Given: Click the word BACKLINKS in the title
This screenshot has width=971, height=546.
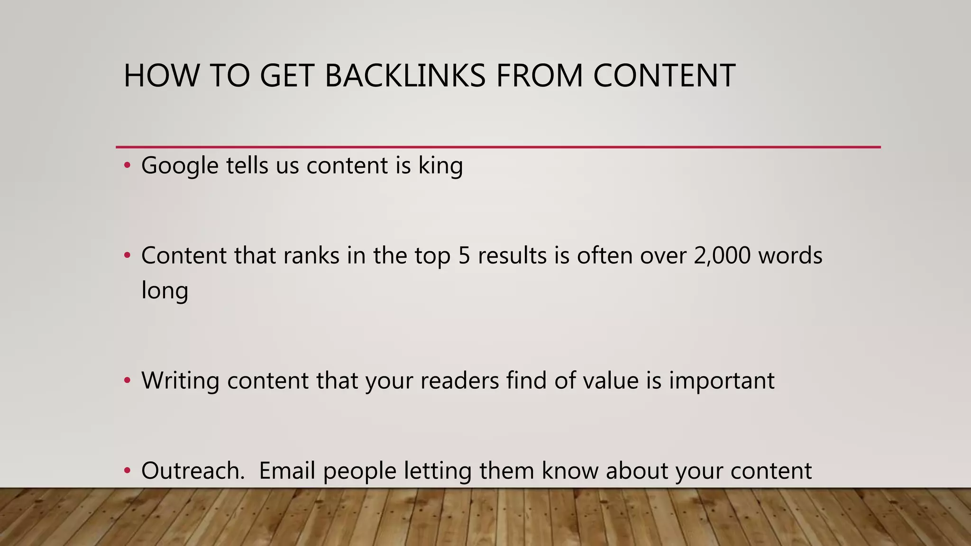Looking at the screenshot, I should pos(405,76).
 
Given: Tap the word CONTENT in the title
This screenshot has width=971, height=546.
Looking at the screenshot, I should pos(664,76).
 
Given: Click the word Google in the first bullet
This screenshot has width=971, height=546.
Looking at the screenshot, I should pos(180,166).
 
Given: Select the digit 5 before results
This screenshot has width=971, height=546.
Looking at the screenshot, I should pos(464,256).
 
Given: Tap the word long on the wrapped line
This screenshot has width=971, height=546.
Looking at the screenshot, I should pos(165,291).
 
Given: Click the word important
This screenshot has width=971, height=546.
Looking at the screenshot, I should pos(722,381).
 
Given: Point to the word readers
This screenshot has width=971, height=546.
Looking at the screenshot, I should pos(459,381).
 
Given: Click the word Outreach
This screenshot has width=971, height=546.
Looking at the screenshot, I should pos(192,471).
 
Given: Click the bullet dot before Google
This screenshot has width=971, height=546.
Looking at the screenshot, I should pos(127,165).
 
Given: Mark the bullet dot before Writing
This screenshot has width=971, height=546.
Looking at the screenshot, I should pos(127,380).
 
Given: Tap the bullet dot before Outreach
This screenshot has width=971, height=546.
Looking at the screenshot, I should pos(127,470).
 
